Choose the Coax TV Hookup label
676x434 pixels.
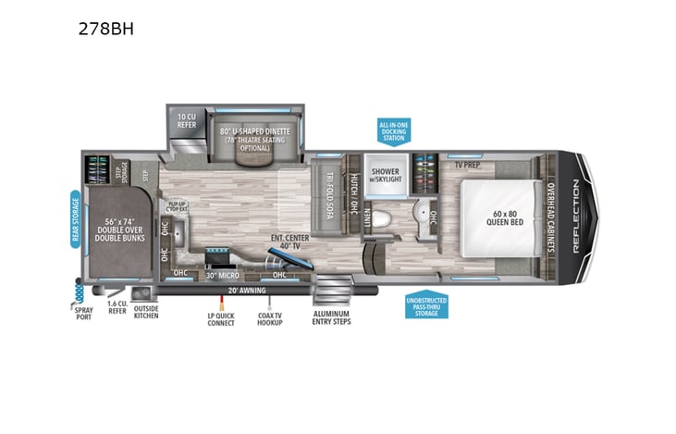tap(270, 317)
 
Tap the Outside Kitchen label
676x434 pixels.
tap(146, 312)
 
